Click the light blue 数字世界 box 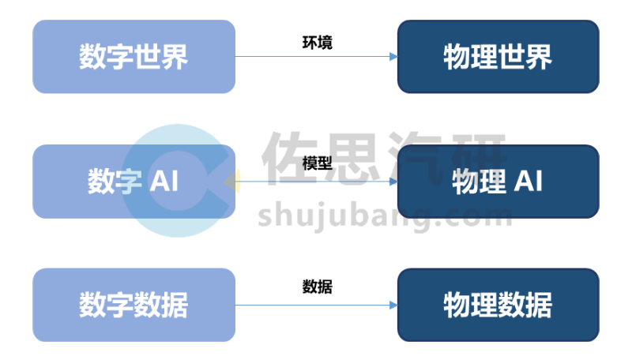tap(134, 57)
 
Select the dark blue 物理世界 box tap(498, 57)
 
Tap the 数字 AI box tap(134, 182)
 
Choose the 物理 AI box tap(498, 182)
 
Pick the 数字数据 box tap(134, 305)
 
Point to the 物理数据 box tap(498, 305)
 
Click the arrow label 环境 tap(317, 42)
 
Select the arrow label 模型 tap(317, 163)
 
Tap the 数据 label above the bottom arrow tap(317, 287)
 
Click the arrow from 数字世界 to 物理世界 tap(316, 57)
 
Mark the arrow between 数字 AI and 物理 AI tap(316, 182)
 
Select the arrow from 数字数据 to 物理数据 tap(316, 305)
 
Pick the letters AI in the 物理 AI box tap(528, 182)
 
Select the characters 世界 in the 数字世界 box tap(161, 57)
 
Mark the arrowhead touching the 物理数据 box tap(392, 305)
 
